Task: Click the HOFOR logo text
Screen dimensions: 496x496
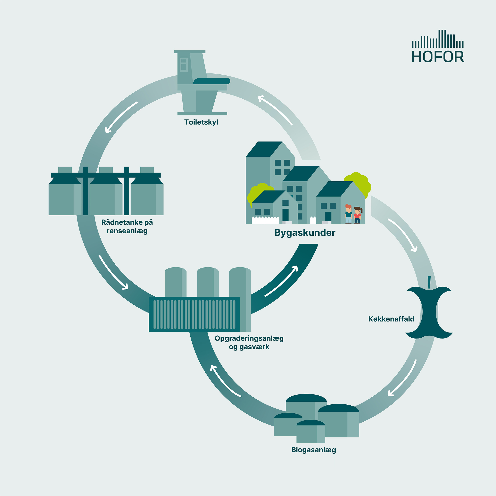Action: tap(438, 57)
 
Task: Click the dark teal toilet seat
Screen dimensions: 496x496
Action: tap(211, 81)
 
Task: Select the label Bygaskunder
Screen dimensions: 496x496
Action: tap(305, 233)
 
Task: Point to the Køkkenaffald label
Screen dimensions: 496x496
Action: tap(391, 319)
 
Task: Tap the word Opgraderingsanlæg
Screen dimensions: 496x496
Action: tap(249, 339)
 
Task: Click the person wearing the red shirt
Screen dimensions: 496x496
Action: tap(358, 215)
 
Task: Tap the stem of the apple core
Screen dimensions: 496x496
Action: tap(429, 283)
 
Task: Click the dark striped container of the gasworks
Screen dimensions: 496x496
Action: tap(194, 314)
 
